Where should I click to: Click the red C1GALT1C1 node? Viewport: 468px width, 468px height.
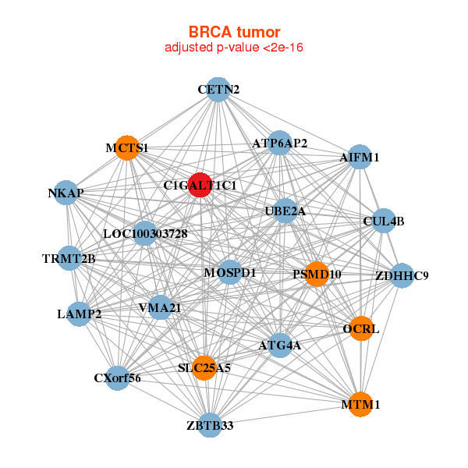pos(200,185)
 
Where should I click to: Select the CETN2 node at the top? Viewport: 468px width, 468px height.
pos(218,90)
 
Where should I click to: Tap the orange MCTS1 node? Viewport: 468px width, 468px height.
pos(127,147)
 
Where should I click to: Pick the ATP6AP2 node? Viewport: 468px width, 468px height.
pos(280,144)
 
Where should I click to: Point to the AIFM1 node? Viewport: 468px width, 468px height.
pos(359,158)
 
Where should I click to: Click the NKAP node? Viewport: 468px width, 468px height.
pos(66,193)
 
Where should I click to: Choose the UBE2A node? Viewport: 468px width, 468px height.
pos(285,211)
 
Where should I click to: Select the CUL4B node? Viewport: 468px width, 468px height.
pos(384,222)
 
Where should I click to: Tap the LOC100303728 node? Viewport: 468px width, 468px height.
pos(145,233)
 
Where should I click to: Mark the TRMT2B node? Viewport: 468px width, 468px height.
pos(69,258)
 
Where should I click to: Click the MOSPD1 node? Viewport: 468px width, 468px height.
pos(230,272)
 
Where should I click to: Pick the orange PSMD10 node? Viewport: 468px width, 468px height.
pos(317,274)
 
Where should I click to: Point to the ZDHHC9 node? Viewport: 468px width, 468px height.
pos(402,275)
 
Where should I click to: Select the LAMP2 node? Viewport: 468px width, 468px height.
pos(80,314)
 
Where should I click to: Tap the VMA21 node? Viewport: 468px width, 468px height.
pos(160,308)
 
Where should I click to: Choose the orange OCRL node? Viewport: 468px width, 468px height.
pos(360,329)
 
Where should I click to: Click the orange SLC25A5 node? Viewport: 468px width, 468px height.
pos(204,367)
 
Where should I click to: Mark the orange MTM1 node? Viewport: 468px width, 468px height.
pos(360,405)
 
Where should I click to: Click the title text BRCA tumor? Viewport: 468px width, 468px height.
pos(234,32)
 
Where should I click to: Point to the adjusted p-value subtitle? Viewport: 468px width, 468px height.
pos(234,48)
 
